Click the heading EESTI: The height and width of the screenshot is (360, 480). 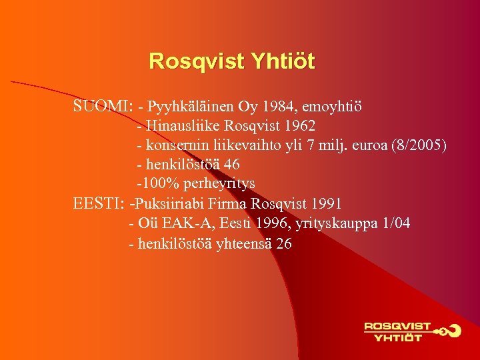(x=101, y=203)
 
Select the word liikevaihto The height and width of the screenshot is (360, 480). (x=245, y=145)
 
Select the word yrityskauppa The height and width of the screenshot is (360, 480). (x=334, y=223)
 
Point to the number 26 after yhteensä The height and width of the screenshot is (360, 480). (x=283, y=243)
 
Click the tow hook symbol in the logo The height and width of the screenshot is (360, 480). (x=449, y=330)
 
